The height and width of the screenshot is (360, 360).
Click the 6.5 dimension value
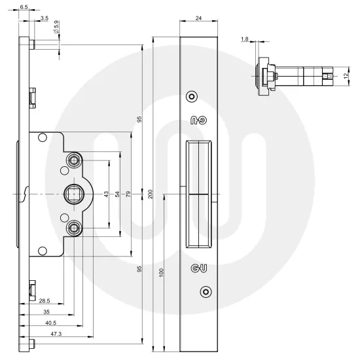tap(24, 7)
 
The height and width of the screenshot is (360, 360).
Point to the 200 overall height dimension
tap(150, 195)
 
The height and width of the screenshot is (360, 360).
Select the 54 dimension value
tap(118, 194)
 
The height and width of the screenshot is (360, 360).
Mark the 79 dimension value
tap(129, 194)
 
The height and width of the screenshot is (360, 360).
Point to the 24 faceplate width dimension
tap(198, 18)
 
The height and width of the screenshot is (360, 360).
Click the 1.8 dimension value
tap(244, 40)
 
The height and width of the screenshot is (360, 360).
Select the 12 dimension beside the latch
tap(346, 76)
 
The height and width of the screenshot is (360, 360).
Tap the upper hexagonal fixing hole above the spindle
tap(75, 160)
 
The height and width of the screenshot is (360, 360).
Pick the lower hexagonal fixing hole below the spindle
tap(75, 228)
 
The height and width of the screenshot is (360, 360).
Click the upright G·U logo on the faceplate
tap(198, 268)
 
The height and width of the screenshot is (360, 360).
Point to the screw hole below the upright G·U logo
tap(206, 291)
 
